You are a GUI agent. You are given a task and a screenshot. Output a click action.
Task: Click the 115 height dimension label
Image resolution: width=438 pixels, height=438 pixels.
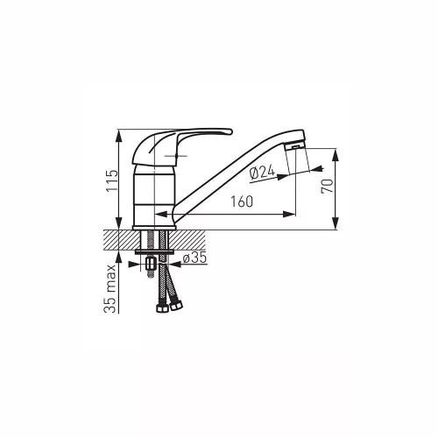click(x=112, y=180)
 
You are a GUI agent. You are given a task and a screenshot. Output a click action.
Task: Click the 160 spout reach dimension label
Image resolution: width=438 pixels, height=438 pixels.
click(x=242, y=201)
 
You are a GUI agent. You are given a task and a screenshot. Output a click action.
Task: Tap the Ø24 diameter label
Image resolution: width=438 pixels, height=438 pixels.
click(x=262, y=173)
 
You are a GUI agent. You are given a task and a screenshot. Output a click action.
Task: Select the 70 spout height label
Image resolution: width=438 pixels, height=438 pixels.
click(x=327, y=186)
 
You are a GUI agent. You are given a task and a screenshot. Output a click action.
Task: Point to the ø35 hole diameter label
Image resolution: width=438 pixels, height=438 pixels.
click(x=194, y=258)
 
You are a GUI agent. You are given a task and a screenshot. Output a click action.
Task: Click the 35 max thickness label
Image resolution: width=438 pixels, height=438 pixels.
click(x=110, y=289)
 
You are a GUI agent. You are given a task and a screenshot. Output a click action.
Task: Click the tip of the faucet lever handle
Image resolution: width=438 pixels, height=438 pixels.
click(x=230, y=131)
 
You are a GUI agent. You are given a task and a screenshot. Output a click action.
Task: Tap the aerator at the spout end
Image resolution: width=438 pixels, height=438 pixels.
click(x=295, y=145)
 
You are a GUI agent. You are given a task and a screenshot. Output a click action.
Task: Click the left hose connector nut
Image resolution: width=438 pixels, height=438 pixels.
click(x=161, y=308)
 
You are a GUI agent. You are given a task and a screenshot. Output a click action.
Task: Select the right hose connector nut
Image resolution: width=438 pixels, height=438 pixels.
click(x=176, y=306)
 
